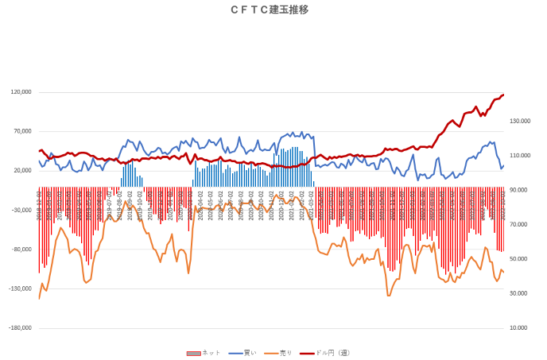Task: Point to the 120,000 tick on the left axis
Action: (21, 92)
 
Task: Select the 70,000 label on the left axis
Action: (22, 132)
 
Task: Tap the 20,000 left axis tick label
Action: (22, 171)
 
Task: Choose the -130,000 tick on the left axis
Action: (20, 288)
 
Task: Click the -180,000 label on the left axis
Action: (20, 327)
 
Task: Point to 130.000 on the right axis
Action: (520, 122)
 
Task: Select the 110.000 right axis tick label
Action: (520, 156)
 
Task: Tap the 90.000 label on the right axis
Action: (518, 190)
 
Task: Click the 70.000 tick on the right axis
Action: (518, 225)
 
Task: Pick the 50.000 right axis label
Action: (518, 259)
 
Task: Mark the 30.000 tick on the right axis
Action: (518, 293)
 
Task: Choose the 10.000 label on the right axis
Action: (518, 327)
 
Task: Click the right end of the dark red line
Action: (503, 95)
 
